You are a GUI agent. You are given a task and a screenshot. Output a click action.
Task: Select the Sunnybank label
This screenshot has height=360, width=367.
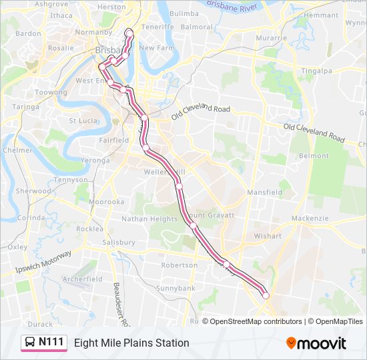175,288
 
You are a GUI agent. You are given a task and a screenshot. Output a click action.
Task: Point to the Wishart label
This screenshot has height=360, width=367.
268,235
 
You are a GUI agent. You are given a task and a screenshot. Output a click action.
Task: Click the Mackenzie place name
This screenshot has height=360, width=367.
310,218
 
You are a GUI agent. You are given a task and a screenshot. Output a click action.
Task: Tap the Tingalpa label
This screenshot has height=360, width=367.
316,71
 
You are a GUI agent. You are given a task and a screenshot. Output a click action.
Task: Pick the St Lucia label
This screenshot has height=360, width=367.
84,121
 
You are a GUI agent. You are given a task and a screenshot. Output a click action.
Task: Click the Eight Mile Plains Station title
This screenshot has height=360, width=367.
131,343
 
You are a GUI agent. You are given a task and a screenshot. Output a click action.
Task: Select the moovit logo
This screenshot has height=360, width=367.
316,343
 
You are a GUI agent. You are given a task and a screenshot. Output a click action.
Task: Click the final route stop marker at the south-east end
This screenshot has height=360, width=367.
266,295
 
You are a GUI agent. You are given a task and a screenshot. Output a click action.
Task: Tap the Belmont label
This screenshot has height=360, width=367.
314,155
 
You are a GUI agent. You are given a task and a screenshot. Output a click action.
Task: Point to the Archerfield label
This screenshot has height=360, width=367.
82,279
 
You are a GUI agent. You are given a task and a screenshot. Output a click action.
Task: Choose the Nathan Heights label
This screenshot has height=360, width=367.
149,219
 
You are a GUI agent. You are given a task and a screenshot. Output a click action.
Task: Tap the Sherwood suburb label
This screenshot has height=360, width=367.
33,191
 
